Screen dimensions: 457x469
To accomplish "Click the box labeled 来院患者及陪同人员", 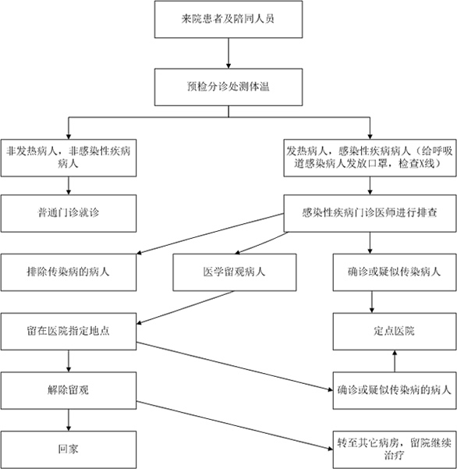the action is point(228,20).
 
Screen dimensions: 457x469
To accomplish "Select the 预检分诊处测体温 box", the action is point(228,87).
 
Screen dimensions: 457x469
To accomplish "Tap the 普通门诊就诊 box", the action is point(69,213).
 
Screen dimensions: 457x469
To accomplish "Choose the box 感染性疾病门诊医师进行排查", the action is point(370,213).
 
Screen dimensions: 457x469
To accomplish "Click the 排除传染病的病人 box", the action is point(69,272).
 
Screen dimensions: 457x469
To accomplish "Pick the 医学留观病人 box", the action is point(235,272).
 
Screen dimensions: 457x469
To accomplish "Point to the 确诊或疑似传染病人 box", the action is point(395,272).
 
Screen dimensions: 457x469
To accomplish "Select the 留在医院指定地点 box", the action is point(69,332).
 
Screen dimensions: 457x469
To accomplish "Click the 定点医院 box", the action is point(395,332).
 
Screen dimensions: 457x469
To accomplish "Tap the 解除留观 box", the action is point(69,390).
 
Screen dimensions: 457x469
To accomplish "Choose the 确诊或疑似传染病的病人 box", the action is point(395,390).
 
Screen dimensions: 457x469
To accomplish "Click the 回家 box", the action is point(69,449).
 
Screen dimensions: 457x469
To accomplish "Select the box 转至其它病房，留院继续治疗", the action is point(395,449).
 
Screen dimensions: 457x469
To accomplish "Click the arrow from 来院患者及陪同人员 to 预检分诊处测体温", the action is point(228,53).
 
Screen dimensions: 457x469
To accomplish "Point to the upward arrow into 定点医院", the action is point(395,361).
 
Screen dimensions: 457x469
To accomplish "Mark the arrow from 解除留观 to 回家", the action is point(69,420).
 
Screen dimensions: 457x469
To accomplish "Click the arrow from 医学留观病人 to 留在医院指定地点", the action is point(186,307).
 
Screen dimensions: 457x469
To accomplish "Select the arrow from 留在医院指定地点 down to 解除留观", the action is point(69,361).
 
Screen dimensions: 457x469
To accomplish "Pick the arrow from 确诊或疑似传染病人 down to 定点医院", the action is point(372,302).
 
